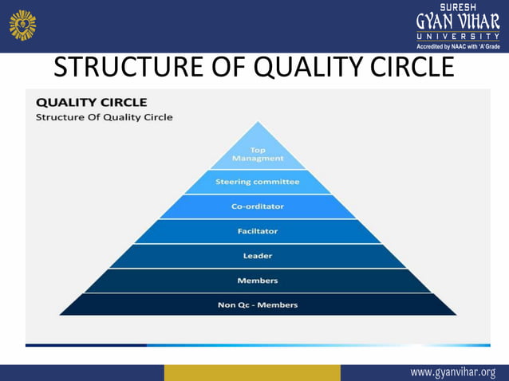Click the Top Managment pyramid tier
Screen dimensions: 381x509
pyautogui.click(x=257, y=154)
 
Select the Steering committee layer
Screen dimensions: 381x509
pyautogui.click(x=257, y=182)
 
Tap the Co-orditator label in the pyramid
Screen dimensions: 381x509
pyautogui.click(x=257, y=206)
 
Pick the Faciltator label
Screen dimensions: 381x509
pyautogui.click(x=257, y=231)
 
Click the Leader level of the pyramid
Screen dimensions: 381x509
pyautogui.click(x=257, y=256)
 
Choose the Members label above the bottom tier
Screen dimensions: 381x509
pyautogui.click(x=257, y=281)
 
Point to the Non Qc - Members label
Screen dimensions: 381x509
pyautogui.click(x=257, y=304)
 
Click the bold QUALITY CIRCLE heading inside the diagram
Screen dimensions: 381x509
pyautogui.click(x=91, y=102)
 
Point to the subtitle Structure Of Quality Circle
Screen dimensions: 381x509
pyautogui.click(x=104, y=117)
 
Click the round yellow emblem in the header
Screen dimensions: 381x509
pyautogui.click(x=22, y=25)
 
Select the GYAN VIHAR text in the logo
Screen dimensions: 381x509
pyautogui.click(x=457, y=22)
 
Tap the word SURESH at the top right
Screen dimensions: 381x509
pyautogui.click(x=458, y=6)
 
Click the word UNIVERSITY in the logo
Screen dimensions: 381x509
pyautogui.click(x=457, y=36)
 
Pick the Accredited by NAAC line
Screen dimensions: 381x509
pyautogui.click(x=457, y=46)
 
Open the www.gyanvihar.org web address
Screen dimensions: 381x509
pyautogui.click(x=452, y=372)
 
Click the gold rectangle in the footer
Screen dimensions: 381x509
pyautogui.click(x=252, y=372)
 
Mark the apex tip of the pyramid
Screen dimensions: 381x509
pyautogui.click(x=257, y=122)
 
